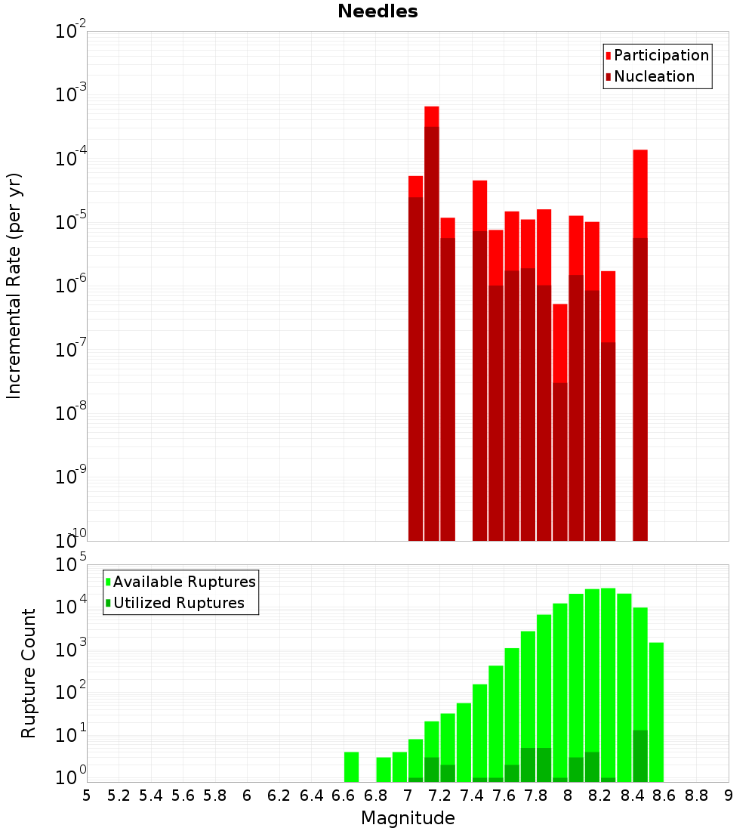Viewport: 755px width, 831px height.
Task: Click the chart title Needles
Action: (x=377, y=11)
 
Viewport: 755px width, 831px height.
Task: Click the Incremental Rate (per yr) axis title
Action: (x=14, y=286)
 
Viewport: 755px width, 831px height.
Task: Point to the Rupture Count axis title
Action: (x=29, y=672)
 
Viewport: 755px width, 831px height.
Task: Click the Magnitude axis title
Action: (x=408, y=818)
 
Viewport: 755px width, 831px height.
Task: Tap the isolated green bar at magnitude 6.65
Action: (x=351, y=767)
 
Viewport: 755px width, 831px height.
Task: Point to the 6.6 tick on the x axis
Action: (x=344, y=795)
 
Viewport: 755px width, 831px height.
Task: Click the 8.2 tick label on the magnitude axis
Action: (x=600, y=795)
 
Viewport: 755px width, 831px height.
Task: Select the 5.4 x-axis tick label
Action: (x=151, y=795)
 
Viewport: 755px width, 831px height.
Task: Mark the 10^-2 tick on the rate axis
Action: (x=71, y=32)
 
